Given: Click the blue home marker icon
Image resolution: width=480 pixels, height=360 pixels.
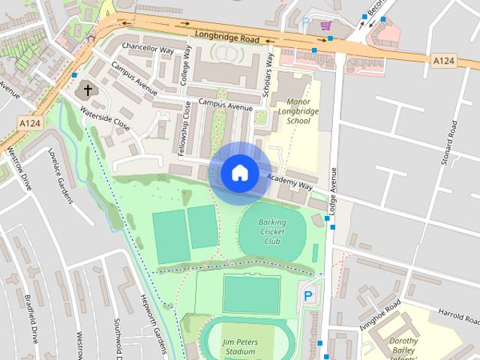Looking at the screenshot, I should coord(239,173).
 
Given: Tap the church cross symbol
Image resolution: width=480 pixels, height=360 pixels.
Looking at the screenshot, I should coord(87,91).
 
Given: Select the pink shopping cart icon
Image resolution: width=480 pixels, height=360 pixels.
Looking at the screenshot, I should coord(325,25).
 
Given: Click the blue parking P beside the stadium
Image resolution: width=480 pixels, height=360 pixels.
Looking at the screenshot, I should coord(308,297).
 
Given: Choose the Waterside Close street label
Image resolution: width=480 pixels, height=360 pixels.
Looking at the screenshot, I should coord(105,119).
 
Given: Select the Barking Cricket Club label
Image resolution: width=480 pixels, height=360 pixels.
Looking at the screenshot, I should coord(272,232).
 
